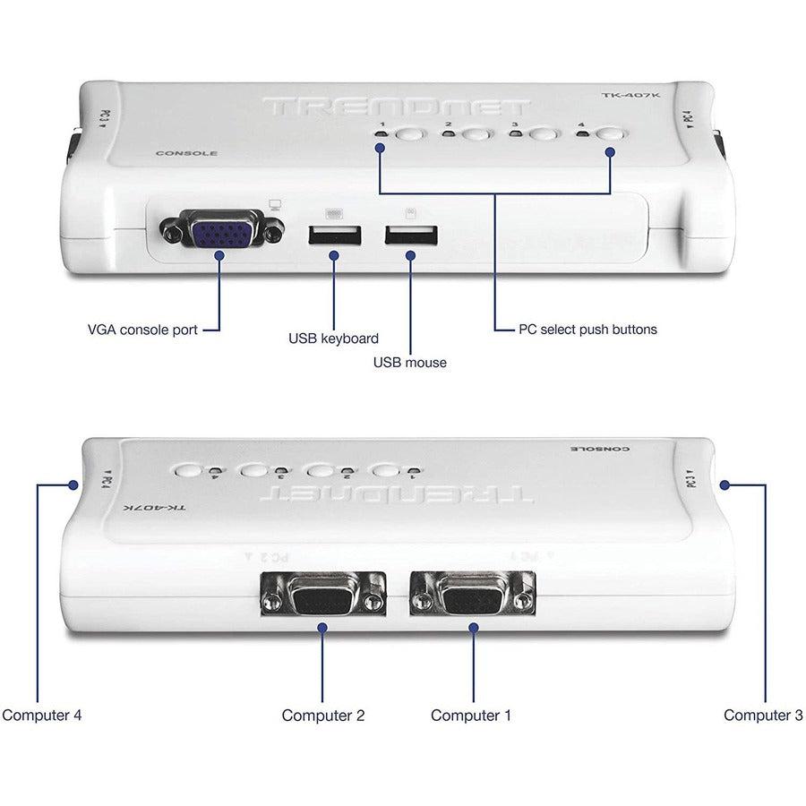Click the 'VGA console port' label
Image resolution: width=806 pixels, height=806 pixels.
pyautogui.click(x=141, y=329)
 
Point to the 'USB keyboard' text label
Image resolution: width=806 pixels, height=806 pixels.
pyautogui.click(x=333, y=339)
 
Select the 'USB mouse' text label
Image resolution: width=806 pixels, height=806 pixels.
pyautogui.click(x=409, y=362)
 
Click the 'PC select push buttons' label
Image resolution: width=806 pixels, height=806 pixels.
pyautogui.click(x=587, y=329)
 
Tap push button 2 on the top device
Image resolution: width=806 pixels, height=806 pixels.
pyautogui.click(x=476, y=136)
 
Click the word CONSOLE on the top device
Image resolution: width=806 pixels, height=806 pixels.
pyautogui.click(x=186, y=153)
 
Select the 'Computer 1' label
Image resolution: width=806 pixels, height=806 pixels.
pyautogui.click(x=471, y=715)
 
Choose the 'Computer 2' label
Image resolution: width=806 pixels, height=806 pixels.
pyautogui.click(x=322, y=715)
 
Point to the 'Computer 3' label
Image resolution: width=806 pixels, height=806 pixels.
pyautogui.click(x=764, y=715)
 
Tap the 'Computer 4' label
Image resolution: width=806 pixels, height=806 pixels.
pyautogui.click(x=42, y=715)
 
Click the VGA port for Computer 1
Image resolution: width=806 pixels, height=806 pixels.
pyautogui.click(x=471, y=595)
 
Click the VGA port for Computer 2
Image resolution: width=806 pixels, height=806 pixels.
pyautogui.click(x=322, y=595)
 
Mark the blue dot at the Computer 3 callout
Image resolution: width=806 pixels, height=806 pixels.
pyautogui.click(x=725, y=484)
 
